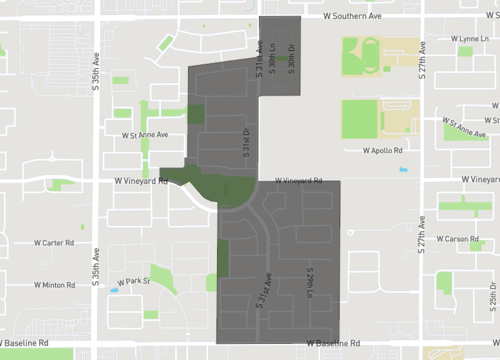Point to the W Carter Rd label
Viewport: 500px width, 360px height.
[54, 242]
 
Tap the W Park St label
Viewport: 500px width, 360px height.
[132, 281]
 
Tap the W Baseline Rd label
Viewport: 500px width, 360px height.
[335, 343]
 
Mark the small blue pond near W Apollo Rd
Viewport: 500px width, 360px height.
[403, 169]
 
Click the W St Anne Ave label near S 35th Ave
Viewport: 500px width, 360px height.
[145, 134]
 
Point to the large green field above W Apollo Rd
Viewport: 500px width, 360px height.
[359, 119]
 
